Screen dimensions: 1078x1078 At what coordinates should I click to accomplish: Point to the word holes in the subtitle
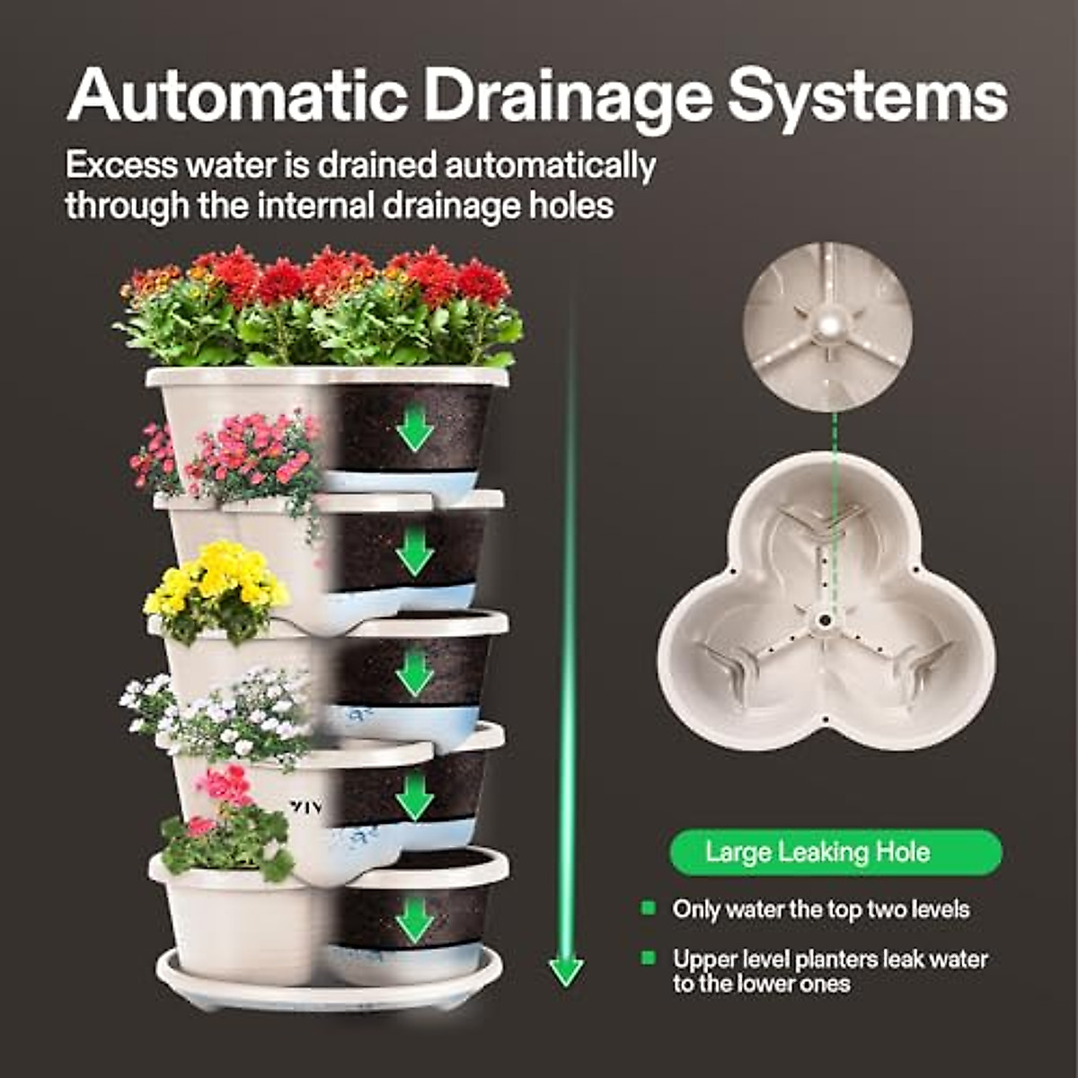coord(570,206)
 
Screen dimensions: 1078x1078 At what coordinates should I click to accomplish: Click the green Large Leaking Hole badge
coord(835,852)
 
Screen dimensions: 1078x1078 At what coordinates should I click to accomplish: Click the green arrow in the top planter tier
coord(414,429)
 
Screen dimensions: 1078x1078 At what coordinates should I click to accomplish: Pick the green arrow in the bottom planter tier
coord(414,919)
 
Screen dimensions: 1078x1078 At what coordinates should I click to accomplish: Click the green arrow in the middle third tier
coord(414,672)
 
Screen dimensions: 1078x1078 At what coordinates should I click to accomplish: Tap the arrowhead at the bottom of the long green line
coord(566,971)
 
